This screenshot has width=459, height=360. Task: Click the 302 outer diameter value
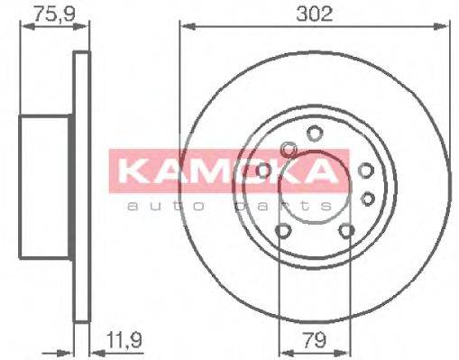pyautogui.click(x=316, y=14)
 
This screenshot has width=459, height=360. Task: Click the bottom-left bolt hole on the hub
pyautogui.click(x=283, y=233)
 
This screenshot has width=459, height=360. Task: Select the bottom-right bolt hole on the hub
pyautogui.click(x=346, y=233)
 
